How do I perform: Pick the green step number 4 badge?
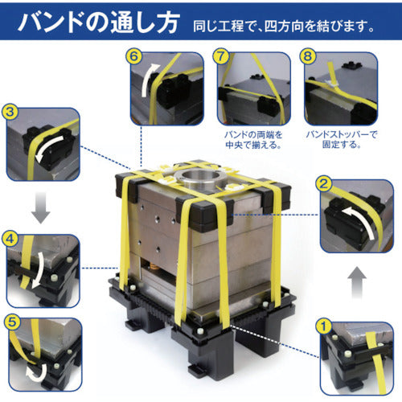pyautogui.click(x=11, y=239)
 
